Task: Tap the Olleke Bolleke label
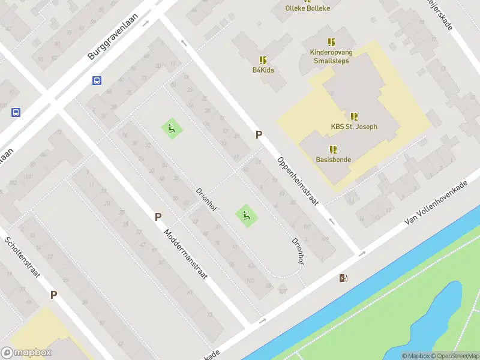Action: [308, 8]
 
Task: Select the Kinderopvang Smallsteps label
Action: [331, 56]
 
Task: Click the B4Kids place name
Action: [263, 70]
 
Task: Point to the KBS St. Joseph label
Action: [354, 127]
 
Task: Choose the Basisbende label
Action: [334, 160]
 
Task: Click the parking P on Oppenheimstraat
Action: [259, 135]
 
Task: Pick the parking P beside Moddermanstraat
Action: [158, 217]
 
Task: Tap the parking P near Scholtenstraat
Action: [53, 295]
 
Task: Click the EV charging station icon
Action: [343, 278]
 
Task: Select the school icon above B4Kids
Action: [263, 59]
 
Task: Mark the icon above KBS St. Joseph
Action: [354, 116]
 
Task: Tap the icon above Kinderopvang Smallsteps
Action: [331, 41]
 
